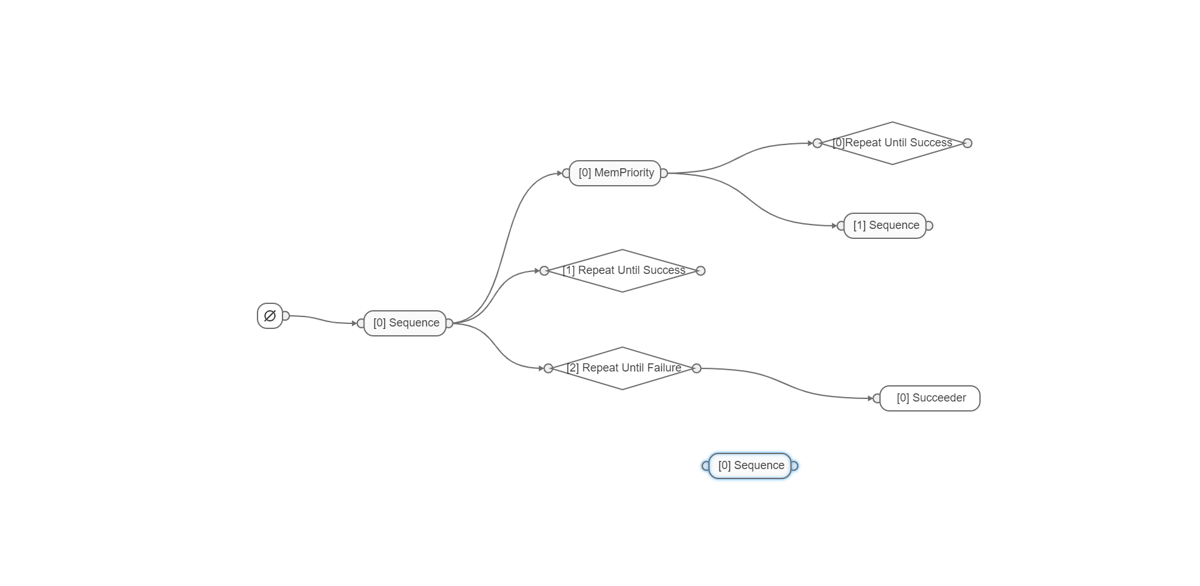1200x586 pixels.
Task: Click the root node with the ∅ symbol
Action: coord(270,316)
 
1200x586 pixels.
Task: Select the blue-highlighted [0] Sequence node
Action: coord(751,465)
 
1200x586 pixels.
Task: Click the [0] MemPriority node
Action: coord(616,173)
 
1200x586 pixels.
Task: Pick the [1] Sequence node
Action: coord(886,225)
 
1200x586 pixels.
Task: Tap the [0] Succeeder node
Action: coord(930,398)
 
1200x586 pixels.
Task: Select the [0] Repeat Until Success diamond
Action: coord(892,143)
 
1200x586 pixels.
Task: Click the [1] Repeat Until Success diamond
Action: coord(622,270)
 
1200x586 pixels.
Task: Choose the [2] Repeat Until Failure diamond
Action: coord(622,368)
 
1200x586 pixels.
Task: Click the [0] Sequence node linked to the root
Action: coord(406,323)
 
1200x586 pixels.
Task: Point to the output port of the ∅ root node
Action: coord(286,316)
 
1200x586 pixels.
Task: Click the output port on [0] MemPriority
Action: coord(664,173)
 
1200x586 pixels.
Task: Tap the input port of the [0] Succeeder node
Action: coord(877,398)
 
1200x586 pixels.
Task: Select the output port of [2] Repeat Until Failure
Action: coord(697,368)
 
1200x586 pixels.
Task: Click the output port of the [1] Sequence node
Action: coord(929,226)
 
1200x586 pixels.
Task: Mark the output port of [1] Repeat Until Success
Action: coord(701,271)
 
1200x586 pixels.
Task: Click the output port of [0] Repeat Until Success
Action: coord(967,143)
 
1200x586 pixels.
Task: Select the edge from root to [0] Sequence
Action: coord(322,319)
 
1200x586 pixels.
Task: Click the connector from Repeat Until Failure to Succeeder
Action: coord(787,381)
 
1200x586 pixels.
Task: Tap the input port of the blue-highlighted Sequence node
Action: coord(706,466)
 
